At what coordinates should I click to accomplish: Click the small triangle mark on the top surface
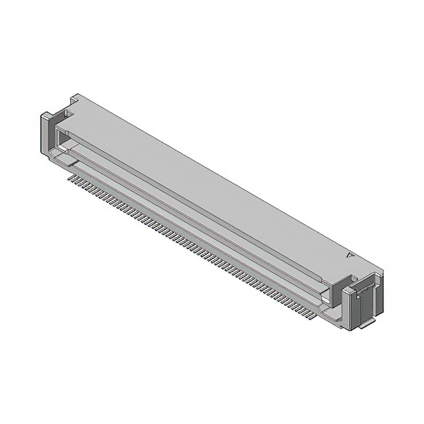[x=350, y=253]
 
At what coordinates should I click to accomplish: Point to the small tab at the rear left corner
[x=76, y=97]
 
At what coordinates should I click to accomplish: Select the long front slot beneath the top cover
[x=199, y=212]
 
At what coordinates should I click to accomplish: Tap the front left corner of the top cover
[x=60, y=124]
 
